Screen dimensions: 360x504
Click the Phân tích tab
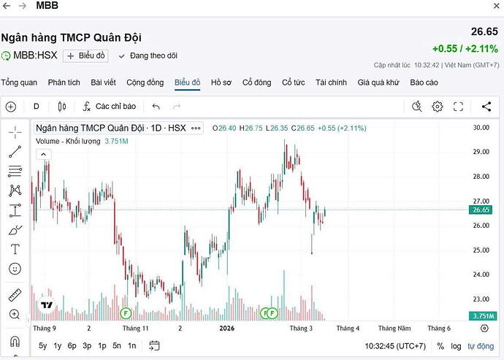tap(64, 83)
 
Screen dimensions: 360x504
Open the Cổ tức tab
tap(294, 83)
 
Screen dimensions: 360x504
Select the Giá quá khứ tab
tap(378, 83)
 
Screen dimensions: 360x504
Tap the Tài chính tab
tap(331, 83)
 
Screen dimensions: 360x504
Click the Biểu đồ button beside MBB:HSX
tap(85, 55)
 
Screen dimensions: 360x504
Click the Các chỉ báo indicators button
tap(109, 107)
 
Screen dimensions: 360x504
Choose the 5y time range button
tap(43, 345)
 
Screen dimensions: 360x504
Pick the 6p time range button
tap(72, 345)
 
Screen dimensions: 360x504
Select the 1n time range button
tap(131, 345)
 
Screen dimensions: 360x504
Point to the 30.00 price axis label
tap(481, 128)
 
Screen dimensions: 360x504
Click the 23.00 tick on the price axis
tap(481, 299)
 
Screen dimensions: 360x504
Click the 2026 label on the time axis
tap(226, 329)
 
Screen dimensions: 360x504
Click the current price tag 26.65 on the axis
tap(481, 210)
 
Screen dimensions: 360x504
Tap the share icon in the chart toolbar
tap(486, 107)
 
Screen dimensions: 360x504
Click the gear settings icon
tap(438, 107)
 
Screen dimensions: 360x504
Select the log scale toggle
tap(456, 345)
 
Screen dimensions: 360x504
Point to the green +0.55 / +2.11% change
tap(465, 49)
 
